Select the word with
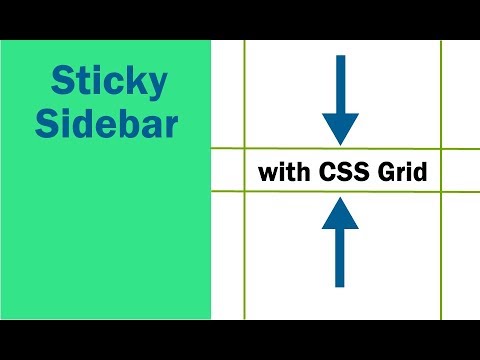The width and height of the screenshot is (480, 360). pyautogui.click(x=284, y=172)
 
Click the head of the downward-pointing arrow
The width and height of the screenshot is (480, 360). pyautogui.click(x=341, y=127)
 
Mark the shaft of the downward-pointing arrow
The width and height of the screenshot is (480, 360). pyautogui.click(x=341, y=85)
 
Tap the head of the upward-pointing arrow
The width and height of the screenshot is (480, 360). pyautogui.click(x=341, y=212)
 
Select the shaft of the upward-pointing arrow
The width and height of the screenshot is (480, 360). pyautogui.click(x=341, y=258)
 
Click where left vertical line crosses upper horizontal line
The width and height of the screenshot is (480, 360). pyautogui.click(x=244, y=149)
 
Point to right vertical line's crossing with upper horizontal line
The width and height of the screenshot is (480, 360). pyautogui.click(x=441, y=149)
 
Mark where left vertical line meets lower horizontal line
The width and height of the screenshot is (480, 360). pyautogui.click(x=244, y=193)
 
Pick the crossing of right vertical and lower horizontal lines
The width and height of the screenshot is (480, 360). pyautogui.click(x=441, y=193)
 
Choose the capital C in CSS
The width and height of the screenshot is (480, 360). pyautogui.click(x=329, y=172)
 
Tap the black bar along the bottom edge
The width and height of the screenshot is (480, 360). pyautogui.click(x=240, y=340)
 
